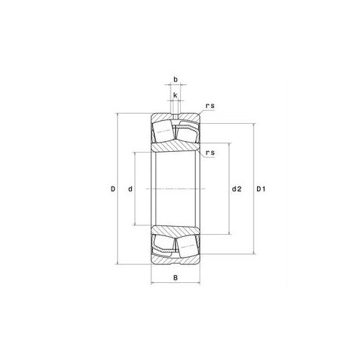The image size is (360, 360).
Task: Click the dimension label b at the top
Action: [x=175, y=81]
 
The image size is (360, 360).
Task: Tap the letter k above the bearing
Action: [x=175, y=94]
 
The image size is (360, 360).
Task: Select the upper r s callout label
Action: [x=210, y=107]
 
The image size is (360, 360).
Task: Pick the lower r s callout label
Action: [x=210, y=153]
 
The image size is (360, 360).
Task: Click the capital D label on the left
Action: [x=113, y=189]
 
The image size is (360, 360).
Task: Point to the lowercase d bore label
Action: [x=130, y=189]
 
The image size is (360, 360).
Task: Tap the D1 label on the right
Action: [x=263, y=189]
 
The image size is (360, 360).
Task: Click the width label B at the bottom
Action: [x=175, y=278]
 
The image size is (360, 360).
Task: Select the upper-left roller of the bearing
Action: [x=163, y=132]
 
